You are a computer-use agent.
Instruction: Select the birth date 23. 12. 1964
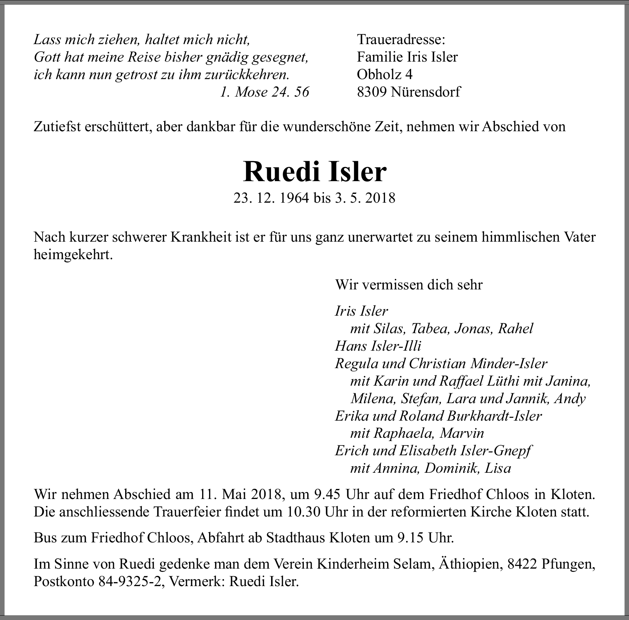271,198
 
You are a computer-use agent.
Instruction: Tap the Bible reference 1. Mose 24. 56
265,92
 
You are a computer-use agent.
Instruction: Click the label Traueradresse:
401,39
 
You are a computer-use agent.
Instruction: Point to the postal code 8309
372,92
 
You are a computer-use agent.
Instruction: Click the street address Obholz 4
385,75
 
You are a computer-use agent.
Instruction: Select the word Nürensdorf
425,92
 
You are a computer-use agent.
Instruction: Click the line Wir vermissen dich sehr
409,285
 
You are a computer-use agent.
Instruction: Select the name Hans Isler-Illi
378,346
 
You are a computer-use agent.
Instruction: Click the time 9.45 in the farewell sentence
327,495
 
